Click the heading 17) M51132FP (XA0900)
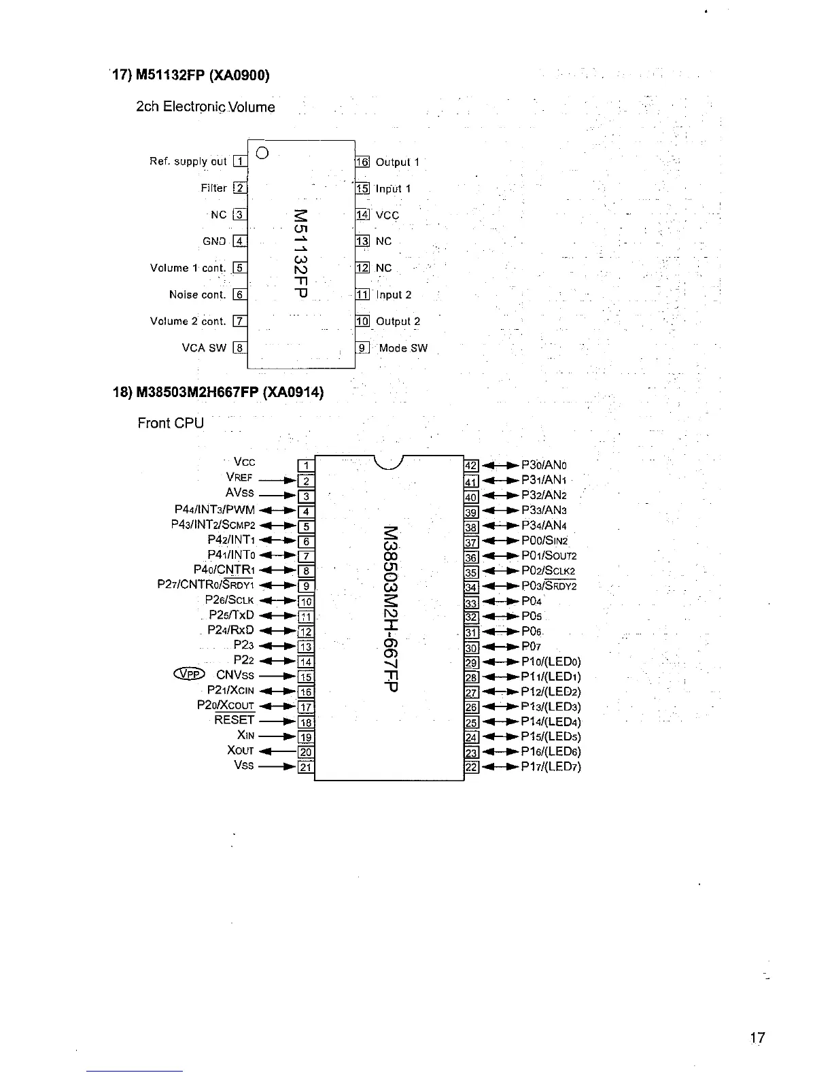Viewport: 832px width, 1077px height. (191, 75)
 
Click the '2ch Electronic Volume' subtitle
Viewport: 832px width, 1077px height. (205, 107)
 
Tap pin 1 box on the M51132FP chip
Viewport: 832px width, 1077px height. (239, 161)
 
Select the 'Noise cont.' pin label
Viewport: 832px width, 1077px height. (197, 294)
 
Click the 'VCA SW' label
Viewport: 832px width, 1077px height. (204, 348)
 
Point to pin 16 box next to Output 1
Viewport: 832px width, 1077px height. (362, 162)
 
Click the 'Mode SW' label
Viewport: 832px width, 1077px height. (403, 348)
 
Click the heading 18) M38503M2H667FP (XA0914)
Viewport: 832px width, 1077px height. (218, 393)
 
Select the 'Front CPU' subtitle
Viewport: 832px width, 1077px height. (171, 423)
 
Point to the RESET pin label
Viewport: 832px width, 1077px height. (234, 720)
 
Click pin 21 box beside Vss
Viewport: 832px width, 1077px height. (306, 768)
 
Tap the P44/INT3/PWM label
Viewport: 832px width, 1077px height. (214, 510)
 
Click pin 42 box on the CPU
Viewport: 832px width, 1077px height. (470, 466)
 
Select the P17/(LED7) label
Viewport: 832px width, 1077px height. (551, 767)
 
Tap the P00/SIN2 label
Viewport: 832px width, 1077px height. (549, 541)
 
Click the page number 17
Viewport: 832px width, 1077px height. (757, 1038)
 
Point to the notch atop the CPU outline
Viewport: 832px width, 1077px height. (389, 462)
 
